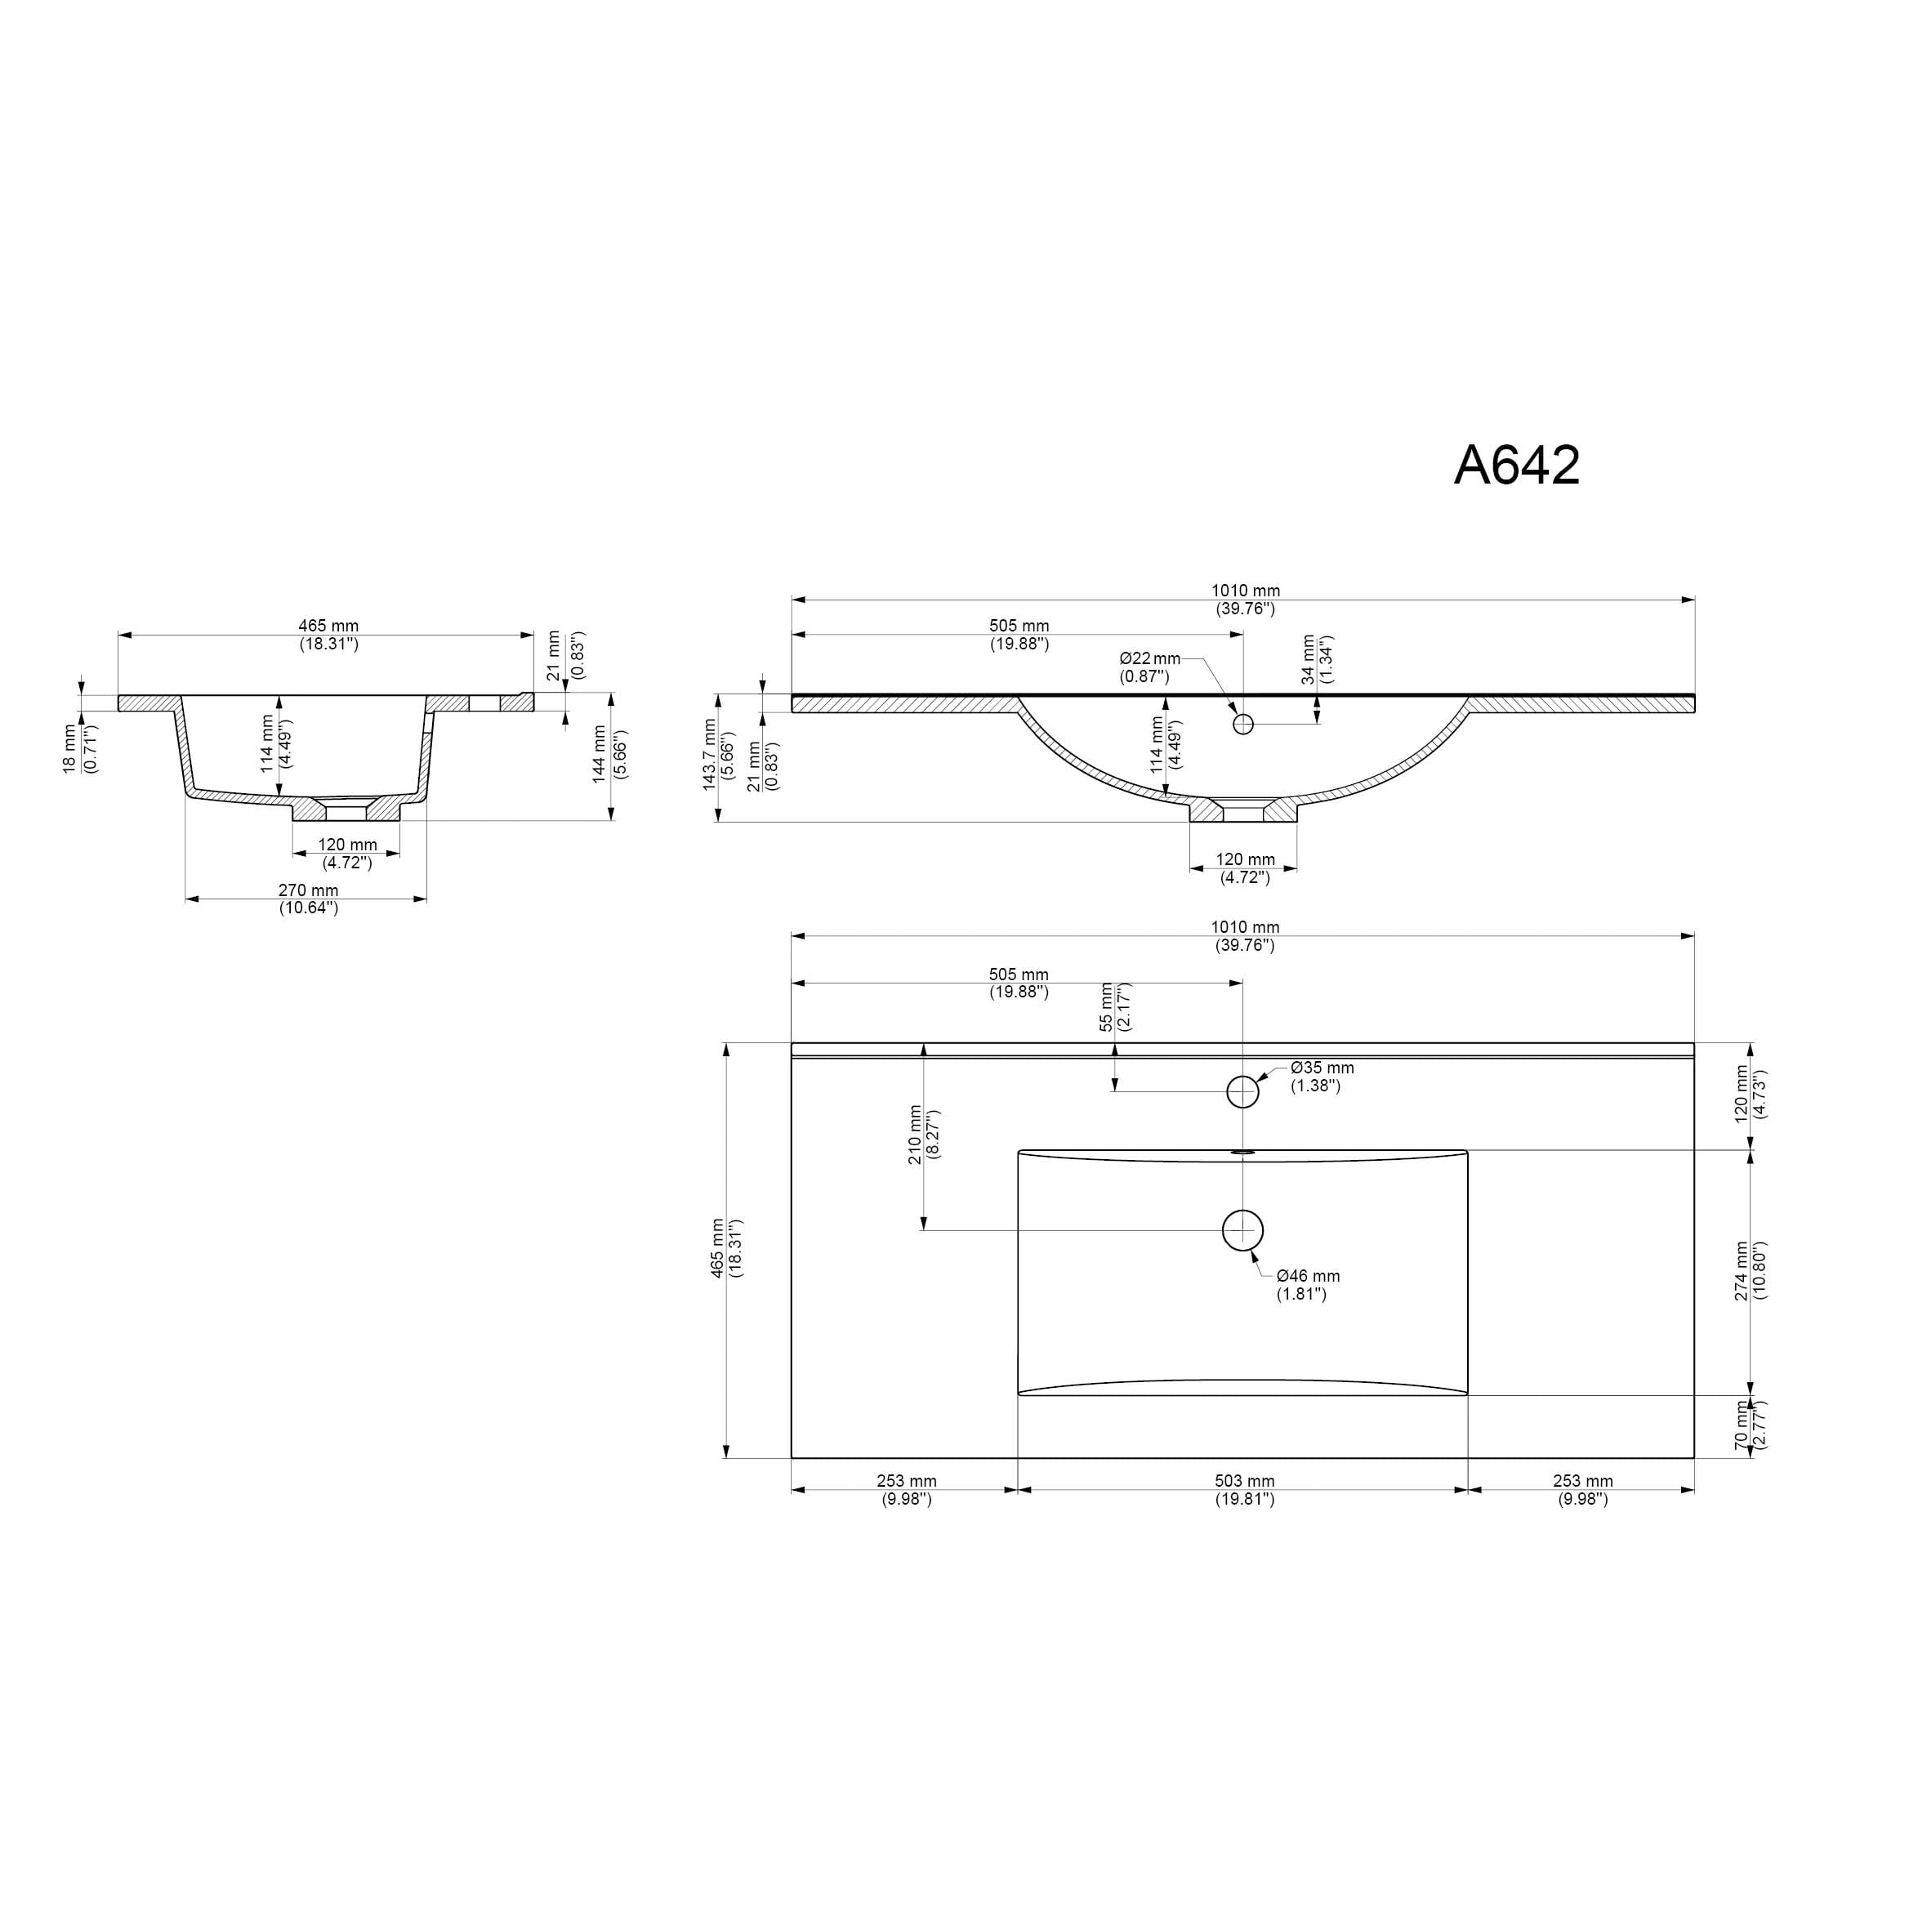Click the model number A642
[1516, 465]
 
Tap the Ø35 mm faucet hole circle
[1243, 1092]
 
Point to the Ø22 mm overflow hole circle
[1243, 724]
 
